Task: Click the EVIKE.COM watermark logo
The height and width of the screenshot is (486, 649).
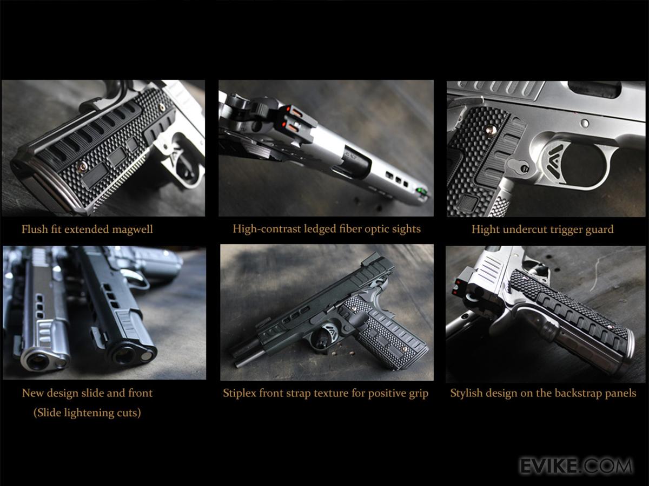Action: pos(577,466)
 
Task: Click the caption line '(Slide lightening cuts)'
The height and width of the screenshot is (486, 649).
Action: pos(87,413)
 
